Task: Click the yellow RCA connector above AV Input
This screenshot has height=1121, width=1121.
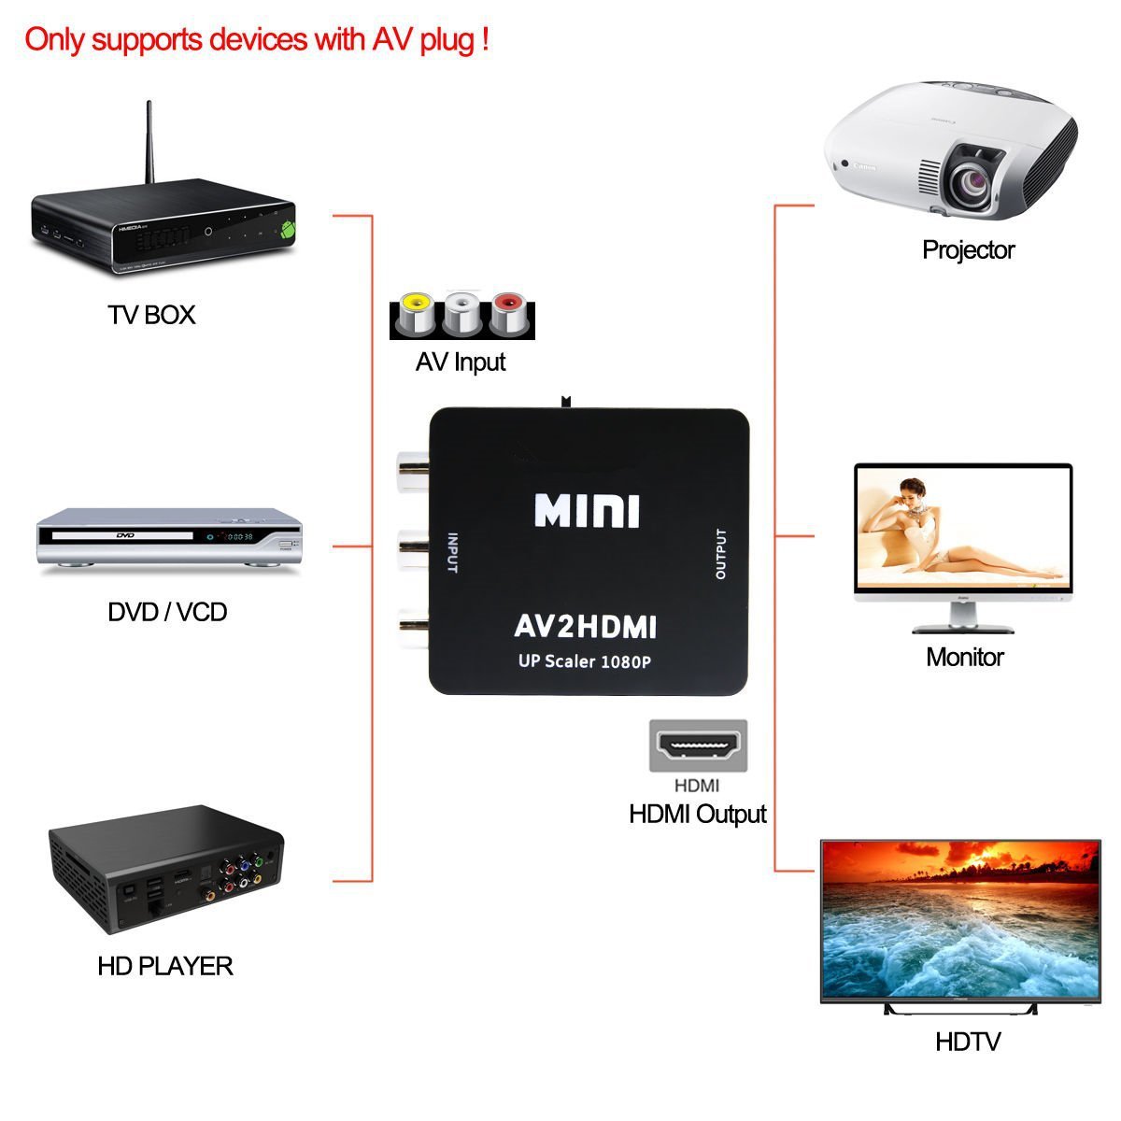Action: tap(414, 313)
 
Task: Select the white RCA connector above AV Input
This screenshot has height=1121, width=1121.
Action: tap(461, 313)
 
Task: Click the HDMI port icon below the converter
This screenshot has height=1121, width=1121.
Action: tap(698, 745)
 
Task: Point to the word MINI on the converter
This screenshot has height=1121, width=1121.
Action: tap(587, 511)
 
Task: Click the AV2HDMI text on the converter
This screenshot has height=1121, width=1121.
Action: tap(586, 626)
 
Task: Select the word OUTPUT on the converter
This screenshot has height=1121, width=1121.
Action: tap(720, 554)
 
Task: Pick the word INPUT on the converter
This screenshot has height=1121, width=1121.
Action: tap(453, 553)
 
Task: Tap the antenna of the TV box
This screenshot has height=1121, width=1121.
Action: tap(149, 145)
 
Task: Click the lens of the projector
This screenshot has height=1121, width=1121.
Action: tap(975, 177)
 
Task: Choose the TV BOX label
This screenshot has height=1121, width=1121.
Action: tap(151, 315)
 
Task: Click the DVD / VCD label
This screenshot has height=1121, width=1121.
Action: tap(167, 612)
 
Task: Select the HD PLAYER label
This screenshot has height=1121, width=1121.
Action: tap(164, 965)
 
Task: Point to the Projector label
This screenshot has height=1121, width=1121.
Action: tap(968, 249)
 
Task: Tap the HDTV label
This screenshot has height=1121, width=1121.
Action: tap(968, 1042)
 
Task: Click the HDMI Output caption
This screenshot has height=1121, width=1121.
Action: tap(697, 814)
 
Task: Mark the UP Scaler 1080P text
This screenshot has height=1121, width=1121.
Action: tap(585, 661)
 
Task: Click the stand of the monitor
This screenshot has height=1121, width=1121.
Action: tap(963, 617)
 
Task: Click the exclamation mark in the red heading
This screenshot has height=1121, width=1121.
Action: tap(485, 39)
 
